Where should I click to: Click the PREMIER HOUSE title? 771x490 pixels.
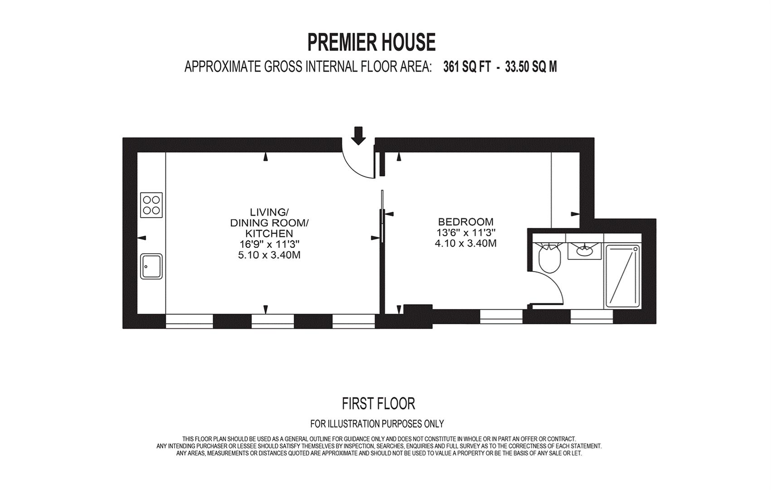click(371, 42)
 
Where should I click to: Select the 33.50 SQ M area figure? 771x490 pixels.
click(531, 67)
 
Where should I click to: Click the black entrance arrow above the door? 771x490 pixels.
click(359, 136)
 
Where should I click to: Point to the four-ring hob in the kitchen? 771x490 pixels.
click(151, 205)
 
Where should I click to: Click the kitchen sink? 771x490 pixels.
click(151, 266)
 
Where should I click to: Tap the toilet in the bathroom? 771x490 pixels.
click(550, 259)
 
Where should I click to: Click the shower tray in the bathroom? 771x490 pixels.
click(623, 276)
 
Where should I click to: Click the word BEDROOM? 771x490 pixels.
click(466, 221)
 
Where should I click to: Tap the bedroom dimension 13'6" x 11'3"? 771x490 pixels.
click(466, 232)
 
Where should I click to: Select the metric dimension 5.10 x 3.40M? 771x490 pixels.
click(270, 255)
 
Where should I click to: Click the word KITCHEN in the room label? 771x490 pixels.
click(272, 234)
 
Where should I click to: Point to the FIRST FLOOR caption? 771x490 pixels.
click(378, 404)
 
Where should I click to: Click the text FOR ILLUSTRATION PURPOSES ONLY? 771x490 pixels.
click(377, 423)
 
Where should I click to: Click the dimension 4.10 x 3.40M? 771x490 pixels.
click(466, 244)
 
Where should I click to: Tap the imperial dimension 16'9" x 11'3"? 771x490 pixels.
click(270, 244)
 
